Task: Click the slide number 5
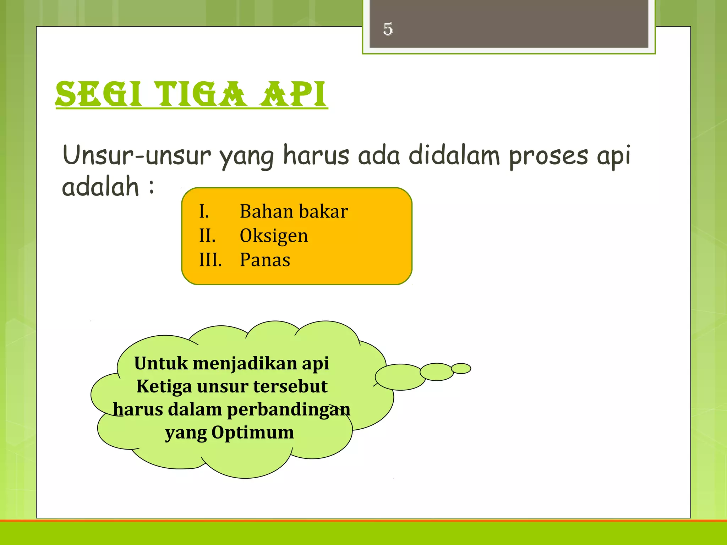tap(388, 29)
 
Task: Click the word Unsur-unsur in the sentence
tap(137, 155)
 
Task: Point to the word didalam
tap(454, 155)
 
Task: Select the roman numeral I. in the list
tap(204, 211)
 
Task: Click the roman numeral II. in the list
tap(207, 236)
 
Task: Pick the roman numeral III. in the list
tap(211, 260)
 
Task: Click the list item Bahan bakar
tap(294, 211)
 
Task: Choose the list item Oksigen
tap(274, 236)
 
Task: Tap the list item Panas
tap(265, 260)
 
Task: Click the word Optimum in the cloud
tap(253, 433)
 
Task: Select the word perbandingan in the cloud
tap(288, 410)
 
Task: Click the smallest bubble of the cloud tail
tap(461, 369)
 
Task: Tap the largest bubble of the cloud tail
tap(400, 377)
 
